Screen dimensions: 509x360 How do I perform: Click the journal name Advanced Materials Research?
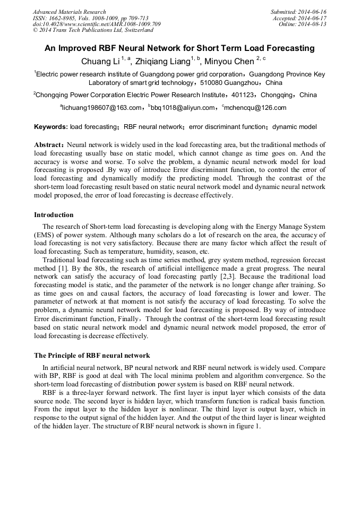click(70, 12)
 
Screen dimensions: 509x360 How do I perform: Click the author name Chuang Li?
click(100, 62)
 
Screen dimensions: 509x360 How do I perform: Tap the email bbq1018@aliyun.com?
click(182, 108)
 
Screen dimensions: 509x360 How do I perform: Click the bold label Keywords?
click(51, 127)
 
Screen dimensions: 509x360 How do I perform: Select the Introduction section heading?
click(54, 215)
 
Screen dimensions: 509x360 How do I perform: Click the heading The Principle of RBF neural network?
click(92, 356)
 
